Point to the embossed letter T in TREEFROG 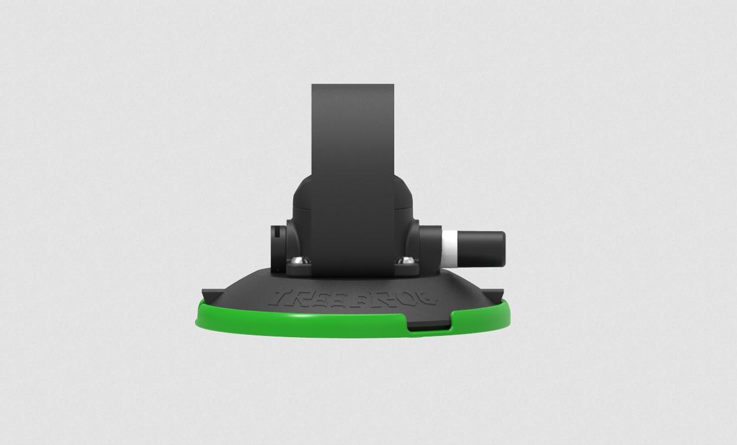pos(284,298)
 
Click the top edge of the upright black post pos(352,85)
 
